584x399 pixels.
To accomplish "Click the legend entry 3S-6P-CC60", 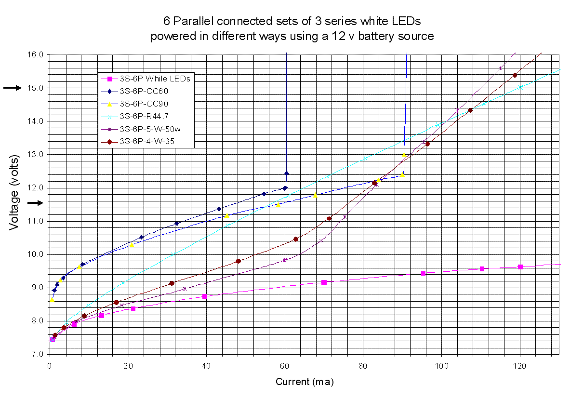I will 142,91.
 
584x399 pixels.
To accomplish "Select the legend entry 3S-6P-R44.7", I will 143,116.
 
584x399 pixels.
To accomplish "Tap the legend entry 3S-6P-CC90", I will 142,103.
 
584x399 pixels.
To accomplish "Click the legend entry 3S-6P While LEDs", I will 151,78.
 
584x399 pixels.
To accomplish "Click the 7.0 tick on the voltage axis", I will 38,354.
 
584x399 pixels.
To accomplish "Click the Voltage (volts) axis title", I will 15,193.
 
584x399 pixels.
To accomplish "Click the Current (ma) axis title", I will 305,382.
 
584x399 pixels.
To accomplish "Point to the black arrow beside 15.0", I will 13,88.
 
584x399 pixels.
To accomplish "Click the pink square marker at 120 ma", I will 520,267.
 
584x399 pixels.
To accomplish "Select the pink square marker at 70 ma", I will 324,282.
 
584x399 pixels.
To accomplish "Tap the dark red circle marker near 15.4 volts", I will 515,75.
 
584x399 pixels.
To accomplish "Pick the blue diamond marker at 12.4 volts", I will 287,173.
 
